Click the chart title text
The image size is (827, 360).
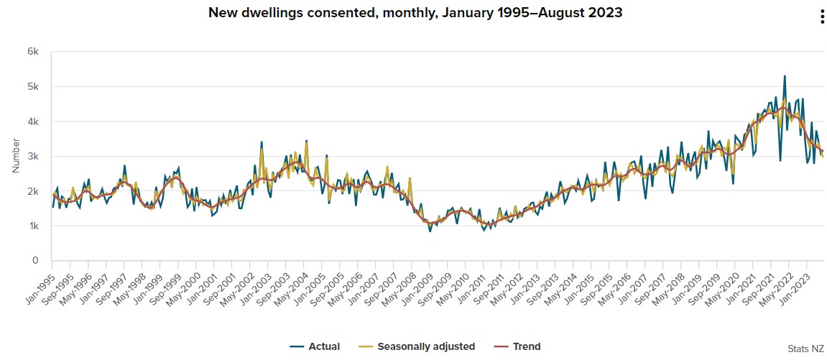point(415,13)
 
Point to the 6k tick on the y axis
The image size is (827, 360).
point(33,52)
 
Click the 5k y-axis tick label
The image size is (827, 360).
point(33,87)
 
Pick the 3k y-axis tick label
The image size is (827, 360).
point(33,157)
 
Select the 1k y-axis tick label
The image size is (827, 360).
point(33,226)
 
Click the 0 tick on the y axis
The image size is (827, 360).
point(35,261)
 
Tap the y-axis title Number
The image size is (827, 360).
point(16,155)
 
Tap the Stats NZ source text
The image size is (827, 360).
point(805,348)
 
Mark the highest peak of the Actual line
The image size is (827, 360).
point(785,75)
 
